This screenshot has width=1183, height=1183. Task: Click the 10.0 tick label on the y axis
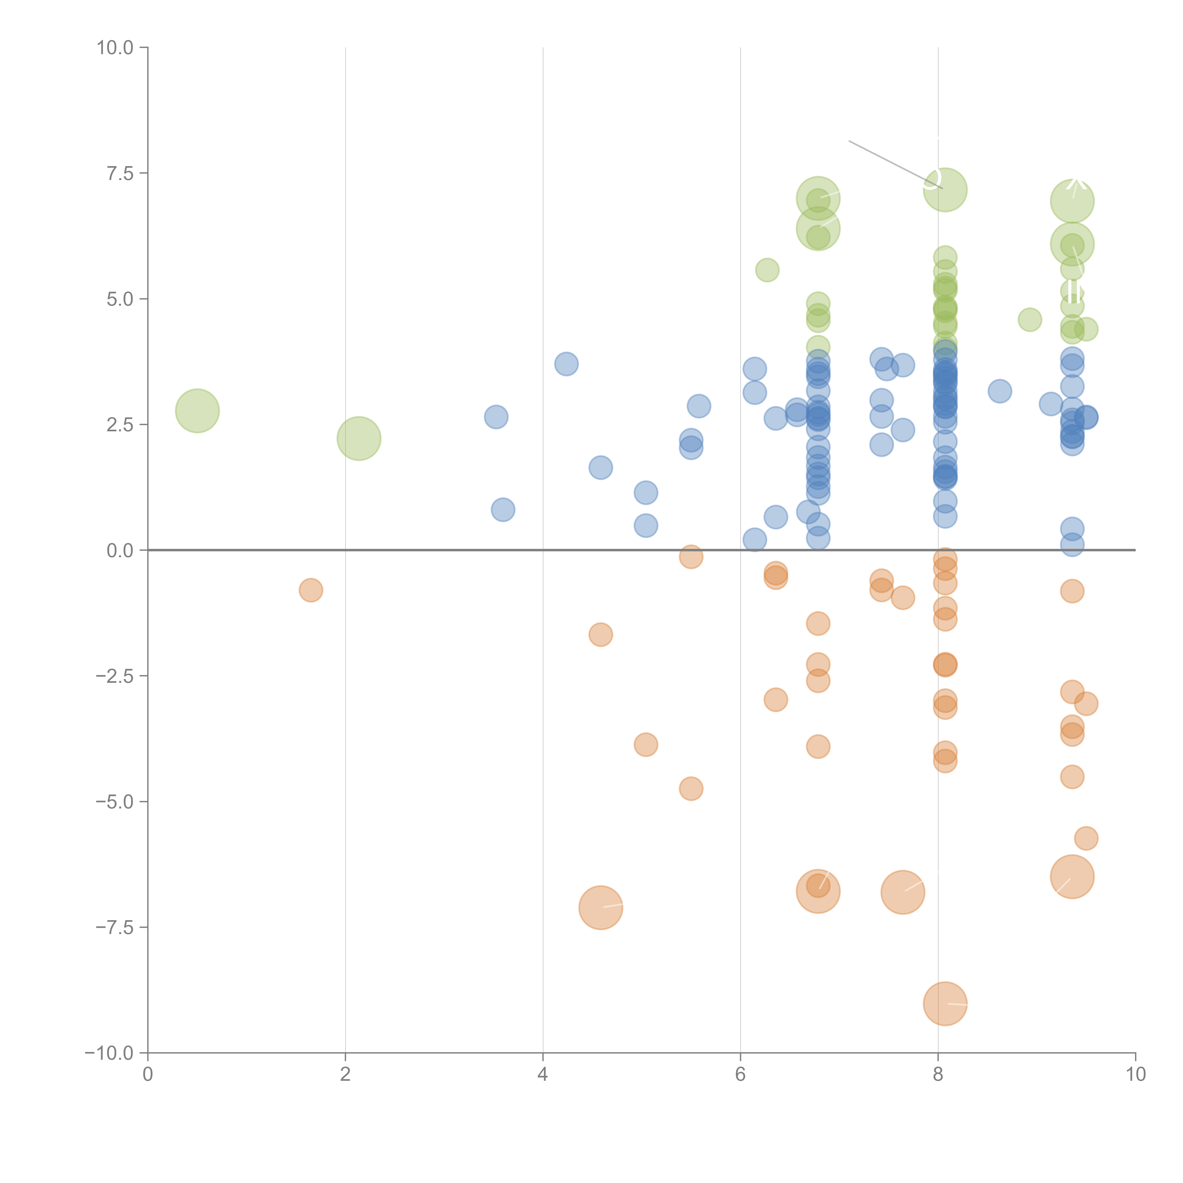click(x=115, y=48)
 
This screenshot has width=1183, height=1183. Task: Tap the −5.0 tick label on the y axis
click(x=115, y=802)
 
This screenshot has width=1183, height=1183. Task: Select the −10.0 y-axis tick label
click(x=110, y=1053)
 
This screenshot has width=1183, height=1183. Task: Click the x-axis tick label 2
click(x=345, y=1075)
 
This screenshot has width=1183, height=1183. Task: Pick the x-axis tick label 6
click(x=740, y=1075)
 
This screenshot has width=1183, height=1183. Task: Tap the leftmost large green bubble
click(x=197, y=410)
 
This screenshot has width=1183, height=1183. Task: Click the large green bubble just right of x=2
click(x=359, y=438)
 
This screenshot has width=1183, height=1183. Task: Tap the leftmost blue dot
click(x=496, y=417)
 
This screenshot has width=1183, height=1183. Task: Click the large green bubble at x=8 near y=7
click(x=945, y=190)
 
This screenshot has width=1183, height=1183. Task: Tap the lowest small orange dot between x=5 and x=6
click(x=691, y=789)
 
